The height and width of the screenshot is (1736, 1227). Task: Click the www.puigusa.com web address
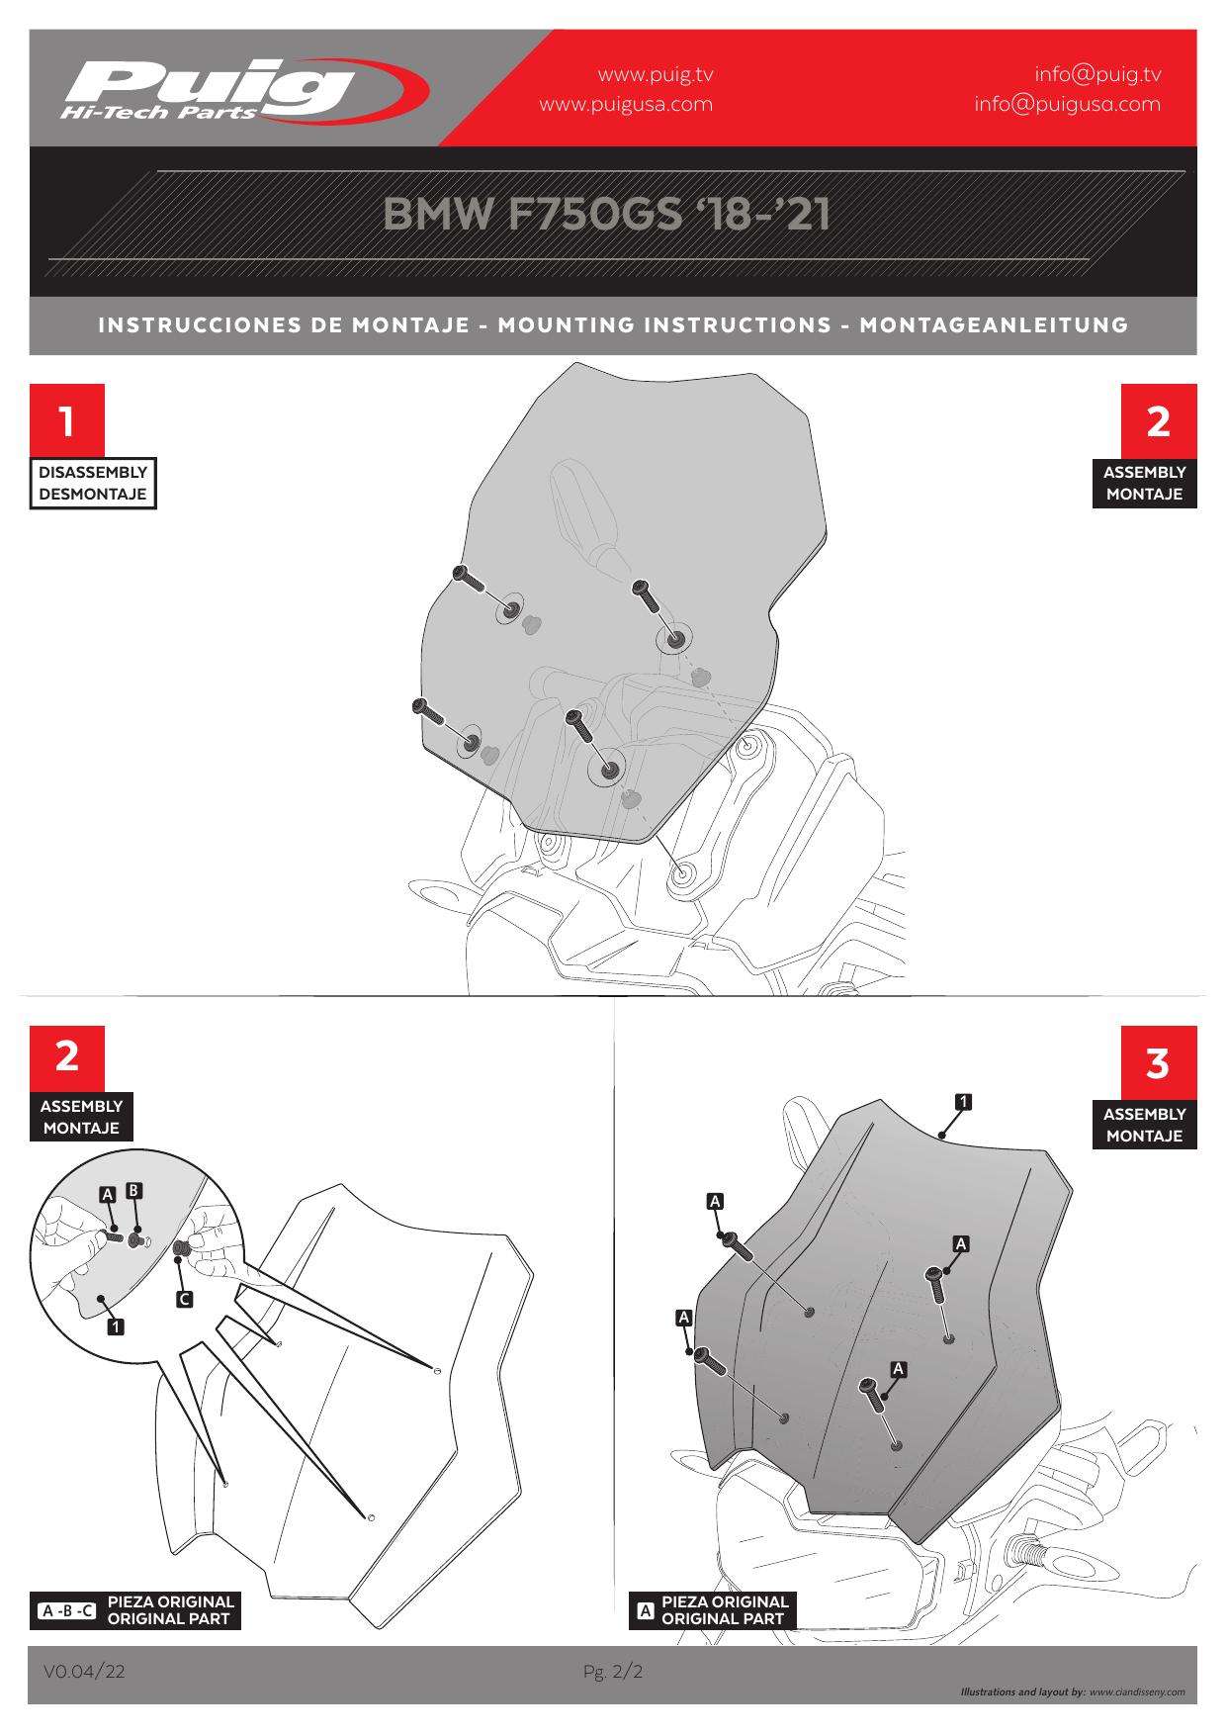626,104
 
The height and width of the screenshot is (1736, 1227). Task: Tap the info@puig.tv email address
1097,74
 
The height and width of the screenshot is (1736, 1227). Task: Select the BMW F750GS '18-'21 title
606,215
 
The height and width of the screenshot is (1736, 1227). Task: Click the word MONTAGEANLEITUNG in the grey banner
994,324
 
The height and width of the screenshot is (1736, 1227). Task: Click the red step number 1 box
66,421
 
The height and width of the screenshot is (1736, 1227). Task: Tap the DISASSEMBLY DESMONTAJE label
93,484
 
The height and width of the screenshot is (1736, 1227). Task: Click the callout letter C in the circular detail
183,1299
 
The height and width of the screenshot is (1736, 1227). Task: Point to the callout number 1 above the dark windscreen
964,1100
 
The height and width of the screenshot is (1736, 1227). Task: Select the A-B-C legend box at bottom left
67,1611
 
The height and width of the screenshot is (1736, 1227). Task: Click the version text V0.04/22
84,1671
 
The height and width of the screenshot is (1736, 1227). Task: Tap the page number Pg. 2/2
613,1672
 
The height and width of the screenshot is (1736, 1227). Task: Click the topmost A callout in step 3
715,1201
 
